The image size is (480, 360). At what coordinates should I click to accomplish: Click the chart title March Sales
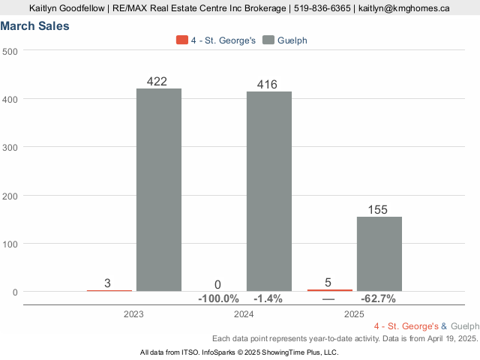35,26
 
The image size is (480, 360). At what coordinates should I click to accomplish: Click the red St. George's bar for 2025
330,289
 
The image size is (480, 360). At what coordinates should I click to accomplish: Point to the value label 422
157,81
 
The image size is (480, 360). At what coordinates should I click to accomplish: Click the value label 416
267,84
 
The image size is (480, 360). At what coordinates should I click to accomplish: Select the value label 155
377,210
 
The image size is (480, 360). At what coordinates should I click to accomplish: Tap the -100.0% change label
218,299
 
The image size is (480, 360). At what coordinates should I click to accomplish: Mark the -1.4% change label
268,299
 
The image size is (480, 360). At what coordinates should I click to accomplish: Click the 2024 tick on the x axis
244,314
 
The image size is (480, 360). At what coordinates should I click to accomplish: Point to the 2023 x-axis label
134,314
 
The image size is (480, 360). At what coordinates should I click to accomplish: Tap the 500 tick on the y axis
10,51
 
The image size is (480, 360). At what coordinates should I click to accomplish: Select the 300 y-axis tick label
10,147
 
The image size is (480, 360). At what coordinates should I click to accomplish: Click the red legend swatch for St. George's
181,40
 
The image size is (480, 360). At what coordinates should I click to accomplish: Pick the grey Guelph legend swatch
268,40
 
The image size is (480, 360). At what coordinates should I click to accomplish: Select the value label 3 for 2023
107,283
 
